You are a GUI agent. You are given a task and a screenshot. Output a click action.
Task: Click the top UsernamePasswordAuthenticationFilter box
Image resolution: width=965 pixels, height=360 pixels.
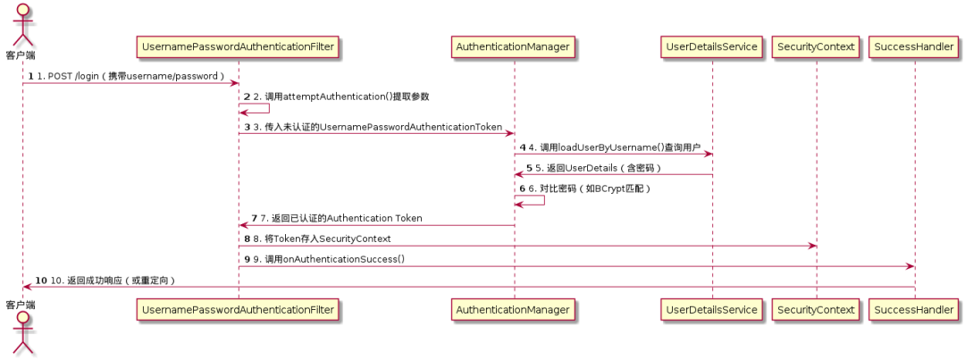[x=238, y=46]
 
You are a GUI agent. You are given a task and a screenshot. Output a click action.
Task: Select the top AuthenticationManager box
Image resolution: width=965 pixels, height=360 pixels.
[x=513, y=46]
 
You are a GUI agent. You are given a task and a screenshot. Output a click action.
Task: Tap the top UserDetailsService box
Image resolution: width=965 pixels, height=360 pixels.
[x=712, y=46]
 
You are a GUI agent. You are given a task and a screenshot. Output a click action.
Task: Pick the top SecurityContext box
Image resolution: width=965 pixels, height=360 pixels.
[x=816, y=46]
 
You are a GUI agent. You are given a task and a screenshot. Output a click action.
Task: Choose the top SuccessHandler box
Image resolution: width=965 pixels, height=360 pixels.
[x=915, y=46]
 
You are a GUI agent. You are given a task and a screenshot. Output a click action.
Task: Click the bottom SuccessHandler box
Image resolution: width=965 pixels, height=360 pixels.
[x=915, y=309]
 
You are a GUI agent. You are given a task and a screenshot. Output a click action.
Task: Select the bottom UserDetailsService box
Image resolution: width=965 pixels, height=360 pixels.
[x=712, y=309]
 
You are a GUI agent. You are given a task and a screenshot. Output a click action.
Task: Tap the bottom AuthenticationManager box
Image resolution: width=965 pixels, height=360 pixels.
[x=513, y=309]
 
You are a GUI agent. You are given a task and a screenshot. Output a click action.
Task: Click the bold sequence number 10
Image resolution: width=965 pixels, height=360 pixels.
[x=41, y=280]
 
